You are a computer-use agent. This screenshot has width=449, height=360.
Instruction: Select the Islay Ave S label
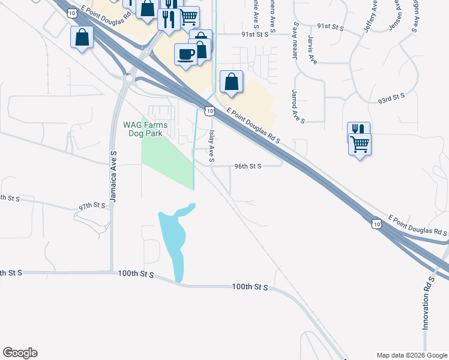[x=211, y=147]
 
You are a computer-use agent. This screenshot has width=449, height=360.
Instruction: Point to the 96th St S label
[x=247, y=166]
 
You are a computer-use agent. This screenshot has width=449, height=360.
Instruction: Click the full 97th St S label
[x=92, y=206]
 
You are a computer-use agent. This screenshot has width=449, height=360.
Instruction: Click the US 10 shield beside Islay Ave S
[x=208, y=110]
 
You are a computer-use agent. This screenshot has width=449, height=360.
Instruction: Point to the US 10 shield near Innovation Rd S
[x=376, y=224]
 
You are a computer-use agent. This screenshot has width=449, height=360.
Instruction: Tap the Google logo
[x=20, y=353]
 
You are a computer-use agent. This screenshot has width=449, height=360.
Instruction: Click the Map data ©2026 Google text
[x=412, y=355]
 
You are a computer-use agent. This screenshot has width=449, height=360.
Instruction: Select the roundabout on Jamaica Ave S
[x=128, y=78]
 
